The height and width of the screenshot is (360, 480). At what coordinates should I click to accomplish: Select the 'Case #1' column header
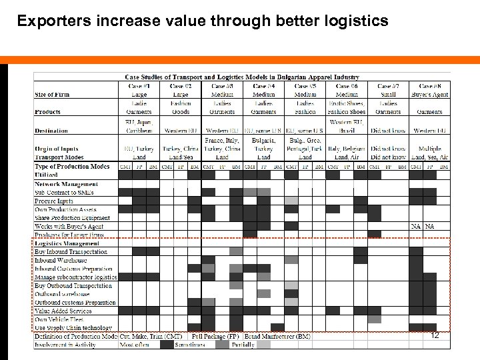point(139,86)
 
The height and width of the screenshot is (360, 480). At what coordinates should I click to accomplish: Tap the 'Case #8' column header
point(429,86)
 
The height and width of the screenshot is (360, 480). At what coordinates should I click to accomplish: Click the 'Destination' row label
point(51,131)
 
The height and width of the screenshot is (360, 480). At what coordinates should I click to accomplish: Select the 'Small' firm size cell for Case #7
point(388,95)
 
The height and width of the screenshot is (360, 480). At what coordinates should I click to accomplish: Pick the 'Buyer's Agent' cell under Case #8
point(430,95)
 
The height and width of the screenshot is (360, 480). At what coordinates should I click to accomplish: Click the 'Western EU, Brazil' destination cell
point(347,127)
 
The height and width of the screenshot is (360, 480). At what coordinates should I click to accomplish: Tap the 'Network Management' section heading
point(66,183)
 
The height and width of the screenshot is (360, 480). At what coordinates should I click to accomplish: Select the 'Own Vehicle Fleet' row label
point(64,319)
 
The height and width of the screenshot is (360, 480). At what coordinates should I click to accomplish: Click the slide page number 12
point(435,335)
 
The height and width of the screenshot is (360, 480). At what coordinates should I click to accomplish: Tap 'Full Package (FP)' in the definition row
point(217,336)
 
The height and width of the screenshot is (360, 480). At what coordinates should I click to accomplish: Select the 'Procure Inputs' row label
point(54,201)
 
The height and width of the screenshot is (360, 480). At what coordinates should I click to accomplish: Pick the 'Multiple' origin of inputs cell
point(430,149)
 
